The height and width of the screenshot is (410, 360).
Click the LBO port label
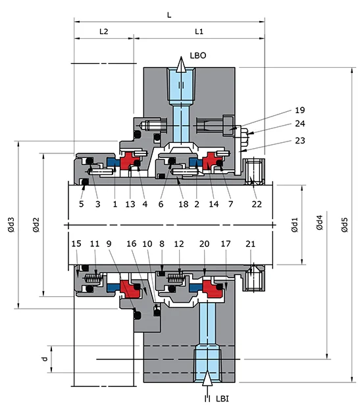coord(198,57)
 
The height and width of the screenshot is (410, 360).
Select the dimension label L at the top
coord(169,14)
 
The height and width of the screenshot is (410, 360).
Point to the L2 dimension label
coord(103,31)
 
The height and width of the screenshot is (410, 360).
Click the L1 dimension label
coord(199,31)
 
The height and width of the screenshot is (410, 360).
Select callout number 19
coord(300,110)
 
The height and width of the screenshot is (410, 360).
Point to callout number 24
coord(300,124)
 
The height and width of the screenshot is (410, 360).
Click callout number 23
coord(300,140)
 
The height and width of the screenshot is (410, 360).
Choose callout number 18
coord(183,205)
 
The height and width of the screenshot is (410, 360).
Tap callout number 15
coord(76,244)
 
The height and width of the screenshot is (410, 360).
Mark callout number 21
coord(249,244)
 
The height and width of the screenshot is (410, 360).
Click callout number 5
coord(81,205)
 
